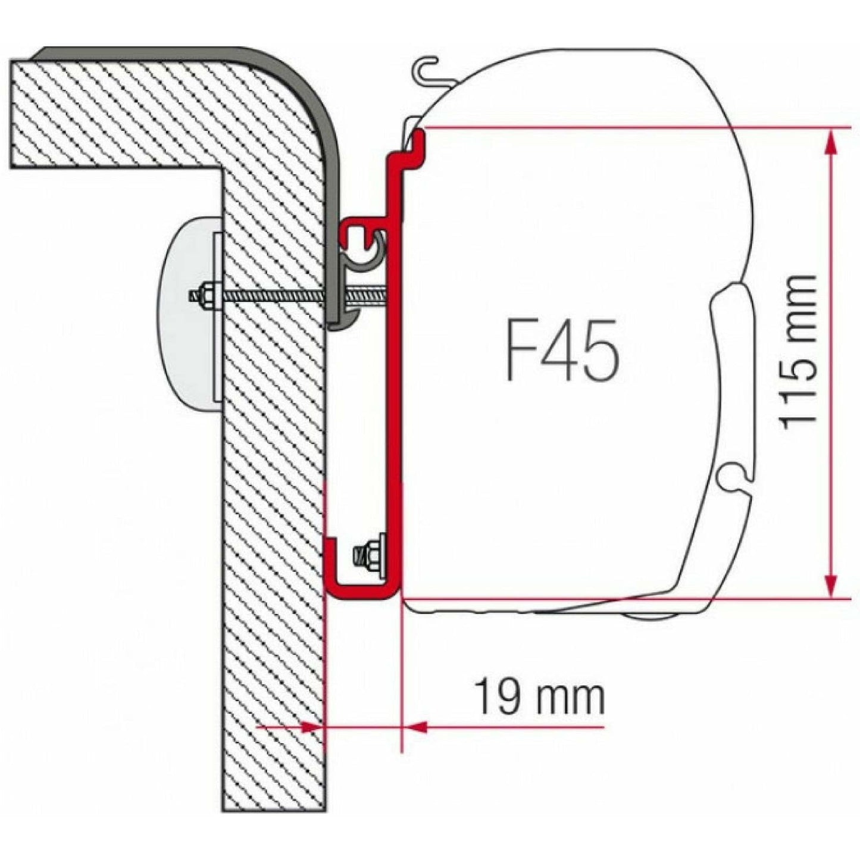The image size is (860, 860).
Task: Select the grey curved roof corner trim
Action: tap(309, 95)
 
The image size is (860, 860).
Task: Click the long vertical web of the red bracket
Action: tap(393, 387)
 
